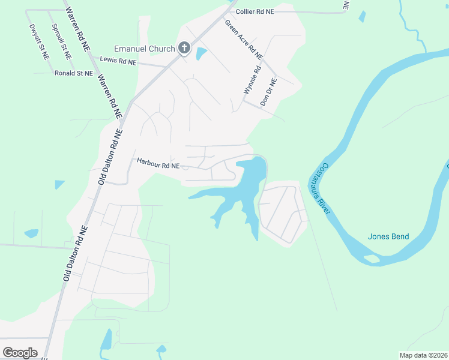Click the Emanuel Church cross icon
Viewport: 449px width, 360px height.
[x=184, y=49]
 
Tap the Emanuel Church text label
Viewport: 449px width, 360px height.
[x=145, y=49]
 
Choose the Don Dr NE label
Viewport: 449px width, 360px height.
[x=268, y=92]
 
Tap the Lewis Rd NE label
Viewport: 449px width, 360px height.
[x=118, y=61]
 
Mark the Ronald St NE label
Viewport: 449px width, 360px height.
[x=73, y=73]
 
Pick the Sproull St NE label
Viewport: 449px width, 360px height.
[x=61, y=41]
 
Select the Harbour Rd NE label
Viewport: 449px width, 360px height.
[x=158, y=163]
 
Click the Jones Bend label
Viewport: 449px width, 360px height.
[x=388, y=236]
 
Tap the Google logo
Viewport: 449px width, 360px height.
[x=20, y=352]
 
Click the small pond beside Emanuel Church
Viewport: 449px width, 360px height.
[x=200, y=53]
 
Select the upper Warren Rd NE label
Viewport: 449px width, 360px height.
[x=78, y=29]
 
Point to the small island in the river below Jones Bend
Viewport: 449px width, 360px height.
[x=372, y=259]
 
